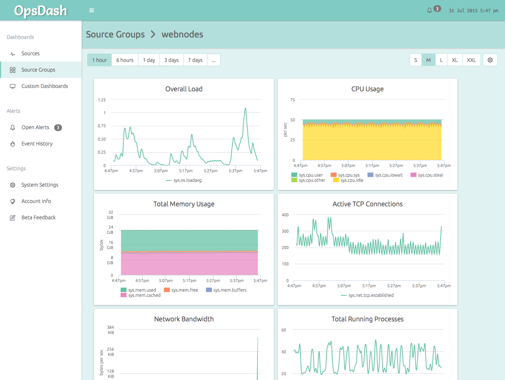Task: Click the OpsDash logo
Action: pos(40,11)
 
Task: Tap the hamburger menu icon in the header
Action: pos(92,10)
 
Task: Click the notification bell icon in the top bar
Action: pos(429,10)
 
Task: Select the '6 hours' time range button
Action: pos(125,60)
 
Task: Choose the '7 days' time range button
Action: pos(195,60)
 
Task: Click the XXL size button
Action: pos(471,60)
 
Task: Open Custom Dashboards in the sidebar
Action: pos(45,86)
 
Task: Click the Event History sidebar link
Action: pos(37,144)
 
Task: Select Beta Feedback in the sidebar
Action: pos(38,217)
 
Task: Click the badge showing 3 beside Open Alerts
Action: pos(58,128)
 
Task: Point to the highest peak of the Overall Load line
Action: pos(245,108)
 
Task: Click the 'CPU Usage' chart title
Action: pos(367,89)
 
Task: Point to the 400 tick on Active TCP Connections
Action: pos(285,215)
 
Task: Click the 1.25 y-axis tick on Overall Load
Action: pos(102,100)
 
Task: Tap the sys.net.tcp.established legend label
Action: pos(371,295)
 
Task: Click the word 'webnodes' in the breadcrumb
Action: pos(182,35)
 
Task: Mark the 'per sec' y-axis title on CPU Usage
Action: pos(285,130)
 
